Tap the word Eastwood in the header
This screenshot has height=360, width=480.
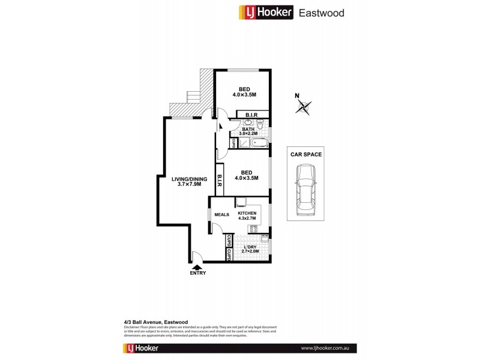click(323, 12)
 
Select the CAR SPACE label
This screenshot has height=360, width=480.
click(306, 154)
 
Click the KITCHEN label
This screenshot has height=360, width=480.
click(247, 214)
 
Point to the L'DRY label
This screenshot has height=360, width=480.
click(250, 246)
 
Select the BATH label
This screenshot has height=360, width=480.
click(248, 128)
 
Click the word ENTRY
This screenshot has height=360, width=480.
click(197, 274)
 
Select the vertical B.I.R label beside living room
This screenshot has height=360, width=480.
click(220, 181)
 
